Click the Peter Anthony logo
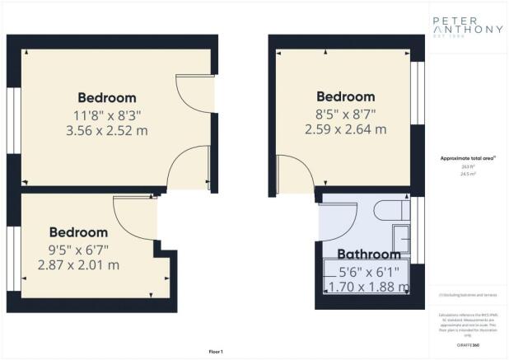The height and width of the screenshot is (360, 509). (x=467, y=28)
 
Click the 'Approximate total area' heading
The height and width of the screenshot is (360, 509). (x=466, y=158)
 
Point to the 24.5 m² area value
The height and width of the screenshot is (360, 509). (x=466, y=174)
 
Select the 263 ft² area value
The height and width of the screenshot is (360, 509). (x=466, y=166)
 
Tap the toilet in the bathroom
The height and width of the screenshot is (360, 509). (x=391, y=211)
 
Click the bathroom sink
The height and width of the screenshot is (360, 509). (x=400, y=239)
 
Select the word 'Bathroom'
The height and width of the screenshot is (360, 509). (x=368, y=255)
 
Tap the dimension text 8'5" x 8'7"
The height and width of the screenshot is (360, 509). (x=346, y=114)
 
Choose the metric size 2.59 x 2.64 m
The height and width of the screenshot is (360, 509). (x=346, y=129)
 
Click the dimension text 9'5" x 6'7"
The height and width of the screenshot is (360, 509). (x=78, y=249)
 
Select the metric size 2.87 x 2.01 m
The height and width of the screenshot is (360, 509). (x=78, y=265)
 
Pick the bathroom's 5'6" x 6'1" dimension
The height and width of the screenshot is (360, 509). (x=367, y=271)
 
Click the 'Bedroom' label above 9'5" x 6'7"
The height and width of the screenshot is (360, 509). (x=78, y=232)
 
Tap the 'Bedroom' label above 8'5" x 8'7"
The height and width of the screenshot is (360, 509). (x=346, y=97)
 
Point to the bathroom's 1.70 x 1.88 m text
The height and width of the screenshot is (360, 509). (x=368, y=287)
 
